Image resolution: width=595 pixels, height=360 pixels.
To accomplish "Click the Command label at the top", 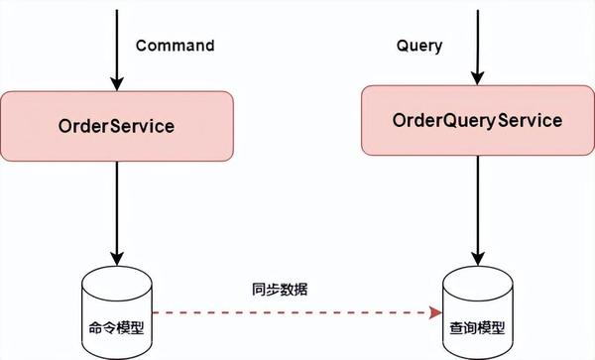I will click(175, 46).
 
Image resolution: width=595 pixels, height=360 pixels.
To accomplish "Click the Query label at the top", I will click(418, 46).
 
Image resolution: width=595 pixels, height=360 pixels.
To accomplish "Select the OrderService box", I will click(117, 127).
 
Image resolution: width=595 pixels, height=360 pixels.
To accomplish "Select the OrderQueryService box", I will click(477, 120).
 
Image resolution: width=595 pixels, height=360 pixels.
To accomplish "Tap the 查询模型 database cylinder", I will click(477, 302).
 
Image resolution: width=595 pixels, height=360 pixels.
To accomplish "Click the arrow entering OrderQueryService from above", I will click(477, 45).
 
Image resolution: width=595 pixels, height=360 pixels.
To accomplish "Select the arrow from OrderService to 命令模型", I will click(117, 213).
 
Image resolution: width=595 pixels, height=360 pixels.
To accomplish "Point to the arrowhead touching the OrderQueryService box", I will click(477, 79).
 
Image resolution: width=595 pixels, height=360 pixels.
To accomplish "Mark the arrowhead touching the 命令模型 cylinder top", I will click(117, 260).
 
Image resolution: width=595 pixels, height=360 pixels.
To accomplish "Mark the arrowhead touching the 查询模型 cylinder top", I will click(477, 262).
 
